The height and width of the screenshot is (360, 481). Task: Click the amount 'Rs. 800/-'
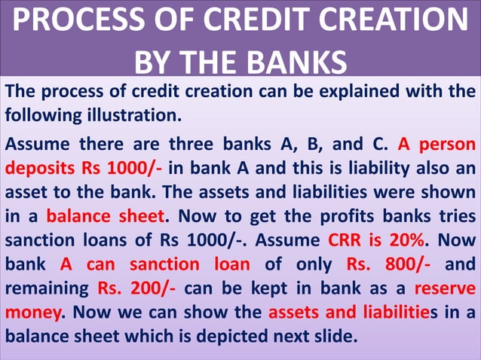pos(380,264)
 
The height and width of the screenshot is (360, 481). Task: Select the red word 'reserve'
pos(445,288)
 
